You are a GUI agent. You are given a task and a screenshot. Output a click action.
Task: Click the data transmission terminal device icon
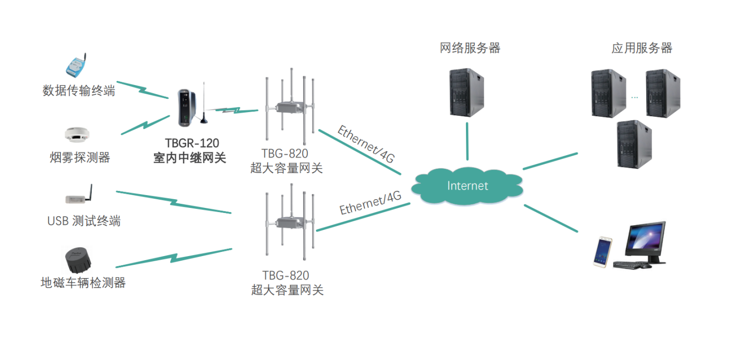click(x=77, y=66)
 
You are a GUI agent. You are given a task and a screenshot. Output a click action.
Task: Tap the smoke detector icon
click(x=77, y=135)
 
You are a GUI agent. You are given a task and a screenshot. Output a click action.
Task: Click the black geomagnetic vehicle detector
click(x=78, y=260)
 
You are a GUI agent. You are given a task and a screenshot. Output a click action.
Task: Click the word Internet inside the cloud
click(x=468, y=185)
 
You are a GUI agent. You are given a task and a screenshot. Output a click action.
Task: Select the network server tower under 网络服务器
click(x=467, y=92)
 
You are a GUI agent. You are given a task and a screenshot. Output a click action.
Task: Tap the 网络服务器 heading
click(x=470, y=48)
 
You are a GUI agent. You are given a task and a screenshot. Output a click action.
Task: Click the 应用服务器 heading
click(x=642, y=48)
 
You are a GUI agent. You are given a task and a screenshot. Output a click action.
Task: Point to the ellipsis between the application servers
click(x=635, y=96)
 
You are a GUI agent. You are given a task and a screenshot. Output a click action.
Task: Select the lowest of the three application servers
click(x=634, y=144)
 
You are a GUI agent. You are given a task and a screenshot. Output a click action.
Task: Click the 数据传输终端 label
click(x=79, y=91)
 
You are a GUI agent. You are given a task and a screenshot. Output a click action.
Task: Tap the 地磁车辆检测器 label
click(x=83, y=282)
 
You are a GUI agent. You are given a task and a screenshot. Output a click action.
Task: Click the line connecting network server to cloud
click(x=468, y=142)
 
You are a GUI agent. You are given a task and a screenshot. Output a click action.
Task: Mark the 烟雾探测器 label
click(x=80, y=157)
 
